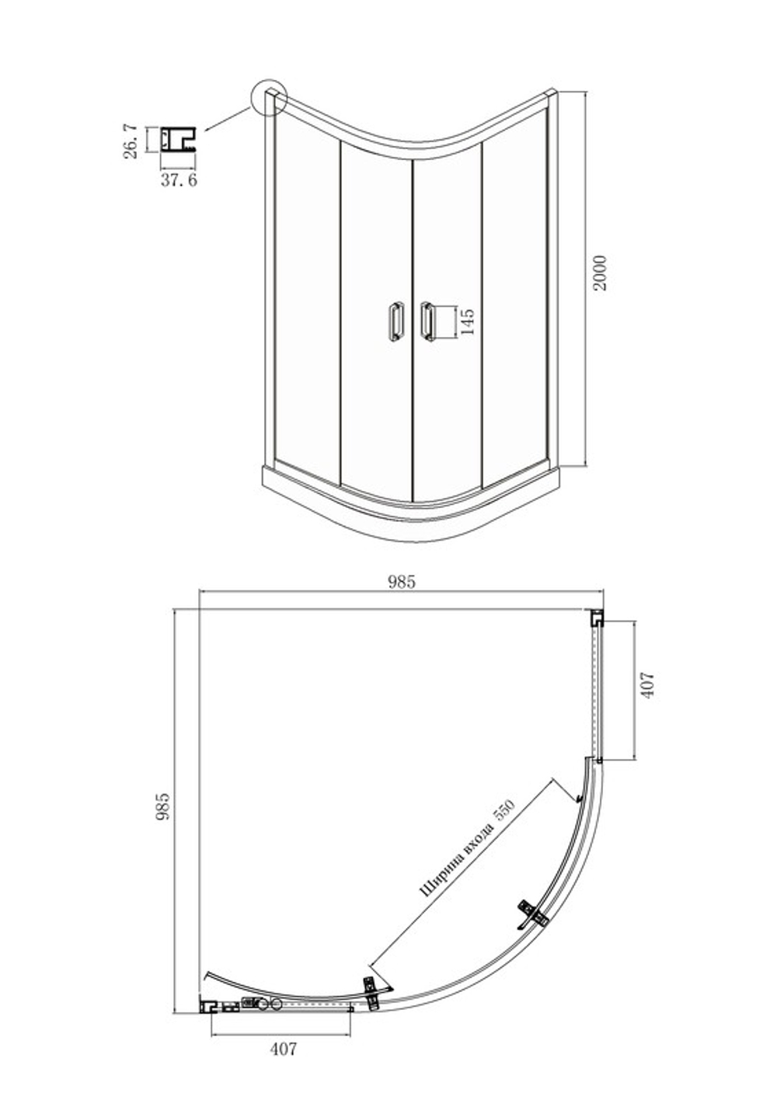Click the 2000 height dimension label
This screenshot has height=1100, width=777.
point(600,273)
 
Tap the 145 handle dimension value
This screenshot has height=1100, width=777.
point(467,322)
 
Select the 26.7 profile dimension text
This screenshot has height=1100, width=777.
point(131,141)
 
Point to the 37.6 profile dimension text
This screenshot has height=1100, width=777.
point(179,180)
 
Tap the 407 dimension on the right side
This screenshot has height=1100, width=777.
point(648,685)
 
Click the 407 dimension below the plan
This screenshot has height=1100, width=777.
point(284,1049)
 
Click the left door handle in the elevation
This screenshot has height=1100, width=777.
point(395,321)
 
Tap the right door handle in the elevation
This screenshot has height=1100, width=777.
point(427,322)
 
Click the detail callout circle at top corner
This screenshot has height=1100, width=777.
point(268,97)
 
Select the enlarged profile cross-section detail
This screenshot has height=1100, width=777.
point(178,139)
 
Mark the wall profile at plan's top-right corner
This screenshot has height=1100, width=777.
point(597,617)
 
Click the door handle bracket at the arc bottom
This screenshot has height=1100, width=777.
point(372,992)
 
